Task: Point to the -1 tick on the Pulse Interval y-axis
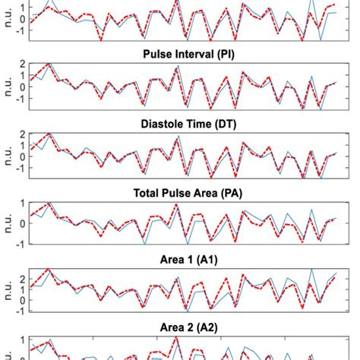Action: (x=21, y=98)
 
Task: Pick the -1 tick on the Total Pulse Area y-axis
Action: (x=21, y=243)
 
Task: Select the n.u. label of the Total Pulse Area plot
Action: (x=7, y=223)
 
